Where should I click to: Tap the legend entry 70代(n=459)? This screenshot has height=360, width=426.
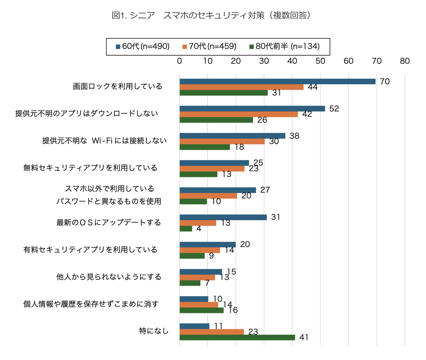point(209,47)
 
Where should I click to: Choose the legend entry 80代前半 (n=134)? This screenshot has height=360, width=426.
point(284,47)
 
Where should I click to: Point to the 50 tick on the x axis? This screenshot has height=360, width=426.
point(320,61)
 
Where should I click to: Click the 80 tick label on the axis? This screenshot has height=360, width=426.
point(405,61)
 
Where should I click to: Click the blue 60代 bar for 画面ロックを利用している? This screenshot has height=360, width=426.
point(277,81)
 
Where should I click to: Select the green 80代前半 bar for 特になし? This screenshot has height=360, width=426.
point(237,337)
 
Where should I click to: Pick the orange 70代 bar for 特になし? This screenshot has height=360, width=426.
point(212,332)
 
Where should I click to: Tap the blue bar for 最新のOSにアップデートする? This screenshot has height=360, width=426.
point(223,217)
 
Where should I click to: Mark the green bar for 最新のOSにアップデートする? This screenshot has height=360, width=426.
point(186,229)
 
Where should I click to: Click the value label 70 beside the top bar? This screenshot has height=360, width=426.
point(384,81)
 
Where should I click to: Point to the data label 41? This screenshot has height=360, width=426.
point(304,337)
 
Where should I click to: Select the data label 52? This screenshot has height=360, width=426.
point(334,109)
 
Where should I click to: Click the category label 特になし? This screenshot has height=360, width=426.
point(154,331)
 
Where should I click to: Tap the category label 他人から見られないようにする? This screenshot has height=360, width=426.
point(109,277)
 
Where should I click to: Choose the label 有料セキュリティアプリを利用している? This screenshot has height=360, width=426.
point(90,250)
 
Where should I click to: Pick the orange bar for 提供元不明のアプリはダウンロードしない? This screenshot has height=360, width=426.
point(239,114)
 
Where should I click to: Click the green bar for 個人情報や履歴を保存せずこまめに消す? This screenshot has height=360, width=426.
point(202,310)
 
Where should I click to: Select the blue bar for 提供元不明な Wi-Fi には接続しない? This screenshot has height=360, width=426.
point(232,136)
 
